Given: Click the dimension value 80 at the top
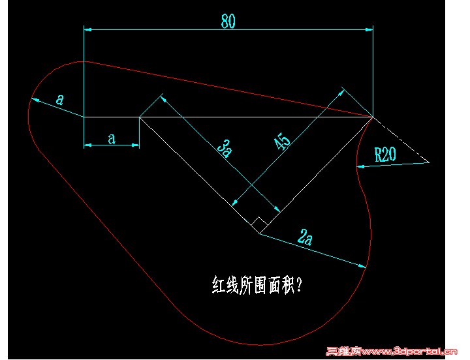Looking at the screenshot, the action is pyautogui.click(x=228, y=21).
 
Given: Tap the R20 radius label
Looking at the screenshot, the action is pyautogui.click(x=385, y=155).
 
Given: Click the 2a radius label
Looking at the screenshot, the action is pyautogui.click(x=305, y=237).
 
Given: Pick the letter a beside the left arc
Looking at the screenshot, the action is pyautogui.click(x=60, y=99).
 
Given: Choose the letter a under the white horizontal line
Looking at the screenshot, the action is pyautogui.click(x=112, y=139).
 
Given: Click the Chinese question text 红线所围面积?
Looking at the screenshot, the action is pyautogui.click(x=257, y=284).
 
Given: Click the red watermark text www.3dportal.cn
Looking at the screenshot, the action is pyautogui.click(x=409, y=351).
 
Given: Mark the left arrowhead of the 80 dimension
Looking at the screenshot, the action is pyautogui.click(x=87, y=29).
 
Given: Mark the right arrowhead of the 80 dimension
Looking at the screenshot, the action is pyautogui.click(x=369, y=29).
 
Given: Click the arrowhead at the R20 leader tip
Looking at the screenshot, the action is pyautogui.click(x=360, y=166).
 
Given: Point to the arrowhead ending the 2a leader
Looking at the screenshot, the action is pyautogui.click(x=362, y=265).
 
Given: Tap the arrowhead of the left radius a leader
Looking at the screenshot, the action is pyautogui.click(x=35, y=100).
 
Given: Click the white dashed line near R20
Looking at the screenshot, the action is pyautogui.click(x=401, y=140).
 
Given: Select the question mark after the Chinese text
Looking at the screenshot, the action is pyautogui.click(x=298, y=284).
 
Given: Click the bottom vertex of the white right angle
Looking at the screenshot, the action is pyautogui.click(x=260, y=233).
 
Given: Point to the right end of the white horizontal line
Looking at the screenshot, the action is pyautogui.click(x=373, y=117).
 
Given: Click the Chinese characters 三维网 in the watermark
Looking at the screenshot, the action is pyautogui.click(x=344, y=351).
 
